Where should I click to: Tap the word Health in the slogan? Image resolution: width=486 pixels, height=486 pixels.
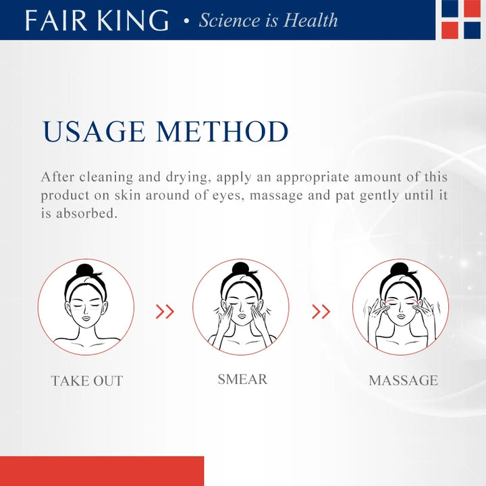click(310, 20)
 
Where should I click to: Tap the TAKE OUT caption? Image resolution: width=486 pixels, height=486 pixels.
click(87, 381)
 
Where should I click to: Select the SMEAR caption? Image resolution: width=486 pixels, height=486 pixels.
click(242, 379)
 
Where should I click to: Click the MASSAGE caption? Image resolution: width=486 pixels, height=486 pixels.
click(403, 381)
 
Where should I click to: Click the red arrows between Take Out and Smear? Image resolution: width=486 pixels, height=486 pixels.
click(165, 311)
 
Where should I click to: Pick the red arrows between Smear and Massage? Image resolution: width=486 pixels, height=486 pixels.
click(321, 311)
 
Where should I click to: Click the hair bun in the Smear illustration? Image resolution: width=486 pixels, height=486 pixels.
click(241, 269)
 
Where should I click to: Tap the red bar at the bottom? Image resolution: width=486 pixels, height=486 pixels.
click(101, 471)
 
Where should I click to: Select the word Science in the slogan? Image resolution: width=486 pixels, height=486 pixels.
click(228, 20)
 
